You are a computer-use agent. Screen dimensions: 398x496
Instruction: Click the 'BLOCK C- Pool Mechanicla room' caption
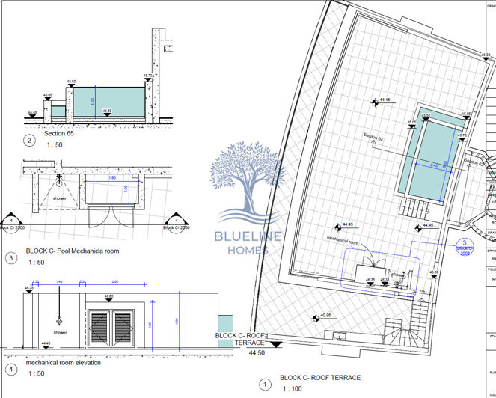tap(73, 251)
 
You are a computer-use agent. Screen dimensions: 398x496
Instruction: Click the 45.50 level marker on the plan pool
tap(426, 116)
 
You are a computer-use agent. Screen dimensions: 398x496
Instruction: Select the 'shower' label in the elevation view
tap(60, 331)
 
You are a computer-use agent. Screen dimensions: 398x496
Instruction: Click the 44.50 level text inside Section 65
tap(106, 111)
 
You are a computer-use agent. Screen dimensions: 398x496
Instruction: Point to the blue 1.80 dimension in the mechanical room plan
tap(111, 177)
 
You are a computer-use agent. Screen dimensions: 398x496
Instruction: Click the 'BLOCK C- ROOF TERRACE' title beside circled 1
tap(320, 378)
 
